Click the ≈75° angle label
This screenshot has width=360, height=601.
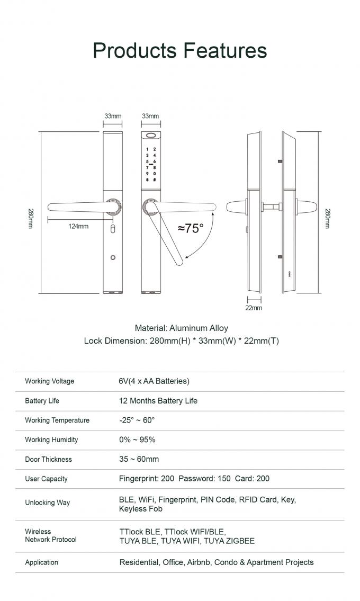coord(191,228)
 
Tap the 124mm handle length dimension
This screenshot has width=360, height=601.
coord(78,226)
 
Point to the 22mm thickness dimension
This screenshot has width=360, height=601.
coord(254,308)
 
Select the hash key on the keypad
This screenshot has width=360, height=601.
coord(154,180)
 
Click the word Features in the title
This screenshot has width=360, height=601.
coord(225,50)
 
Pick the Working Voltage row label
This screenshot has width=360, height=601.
coord(49,381)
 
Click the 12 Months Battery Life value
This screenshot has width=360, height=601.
coord(158,401)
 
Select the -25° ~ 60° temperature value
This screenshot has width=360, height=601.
coord(137,420)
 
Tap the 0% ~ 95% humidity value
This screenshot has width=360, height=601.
coord(137,439)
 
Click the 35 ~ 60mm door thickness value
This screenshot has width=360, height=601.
coord(139,459)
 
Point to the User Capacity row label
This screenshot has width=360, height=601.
coord(46,479)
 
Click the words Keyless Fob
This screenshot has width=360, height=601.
coord(140,509)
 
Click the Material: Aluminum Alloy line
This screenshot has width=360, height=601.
coord(181,328)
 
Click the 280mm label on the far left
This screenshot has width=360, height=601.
coord(30,218)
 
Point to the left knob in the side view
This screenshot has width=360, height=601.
coord(236,207)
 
